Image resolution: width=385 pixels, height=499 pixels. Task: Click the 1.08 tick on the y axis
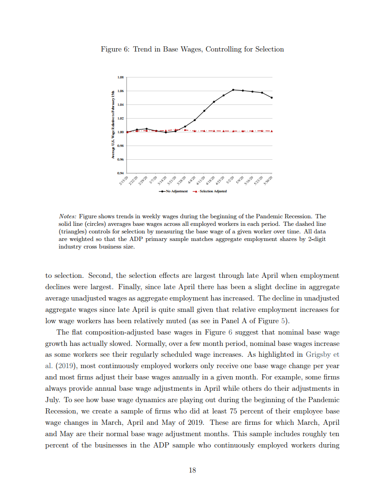120,77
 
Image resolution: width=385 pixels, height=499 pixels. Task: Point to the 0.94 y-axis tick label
120,173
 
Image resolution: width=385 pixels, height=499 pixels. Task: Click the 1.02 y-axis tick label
120,118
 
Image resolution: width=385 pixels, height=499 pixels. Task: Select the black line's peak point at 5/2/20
233,90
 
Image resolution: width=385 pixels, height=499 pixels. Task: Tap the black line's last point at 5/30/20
272,98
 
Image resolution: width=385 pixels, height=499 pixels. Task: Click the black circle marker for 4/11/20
204,111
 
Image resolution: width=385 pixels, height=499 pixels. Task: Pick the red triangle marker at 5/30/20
272,131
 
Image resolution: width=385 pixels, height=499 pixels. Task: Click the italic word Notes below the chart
68,216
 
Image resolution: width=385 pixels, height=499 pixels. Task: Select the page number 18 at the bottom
192,470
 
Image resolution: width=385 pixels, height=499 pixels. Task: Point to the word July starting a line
53,399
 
